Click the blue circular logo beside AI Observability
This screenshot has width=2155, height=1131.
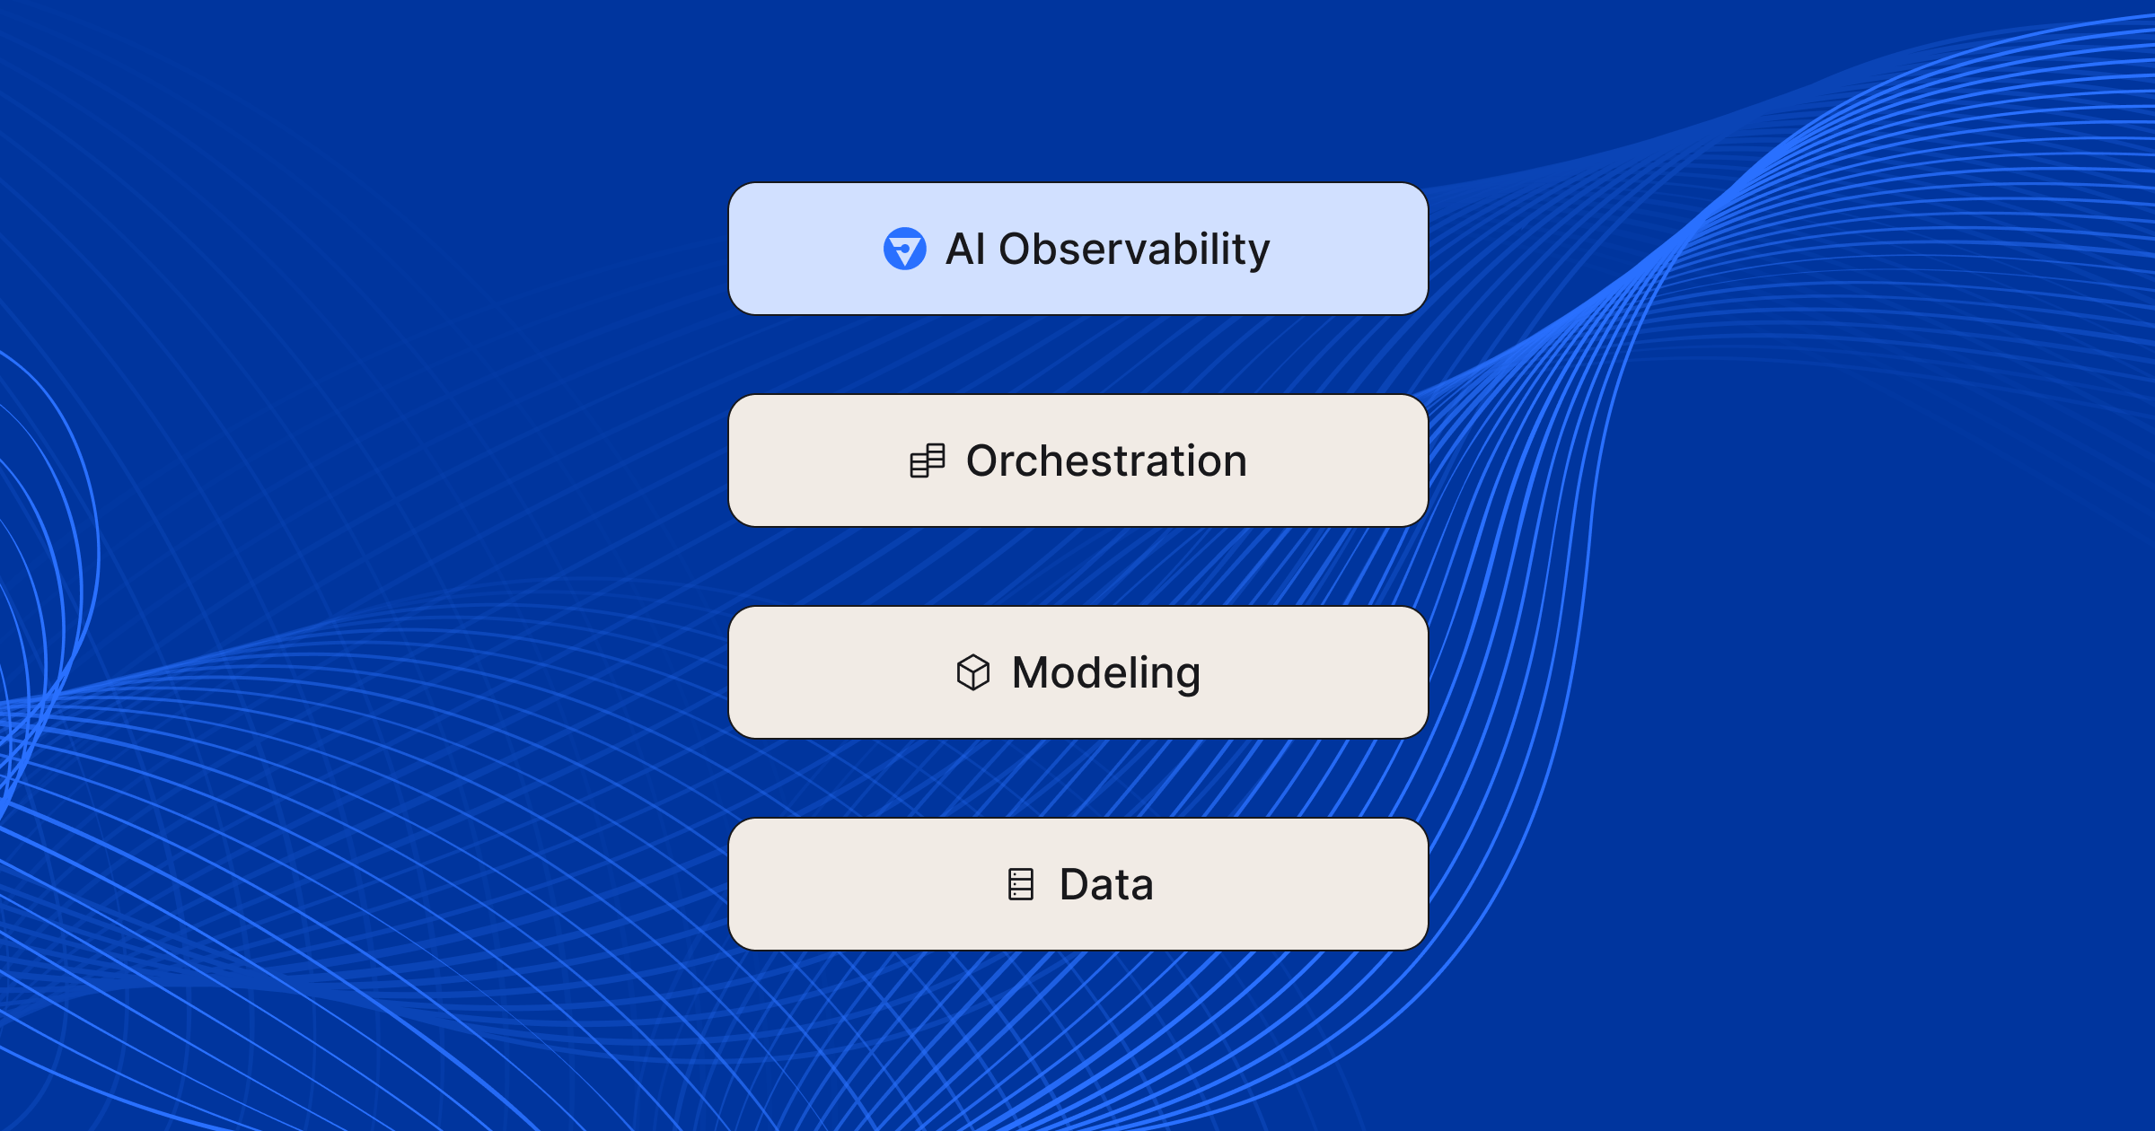(904, 249)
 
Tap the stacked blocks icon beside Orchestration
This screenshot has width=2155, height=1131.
(928, 460)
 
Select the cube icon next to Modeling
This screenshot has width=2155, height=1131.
(973, 672)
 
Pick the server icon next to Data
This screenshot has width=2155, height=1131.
(1021, 884)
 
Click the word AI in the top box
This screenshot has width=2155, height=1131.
(966, 249)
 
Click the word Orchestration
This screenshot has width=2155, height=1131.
(1106, 460)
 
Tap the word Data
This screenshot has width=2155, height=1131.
(1106, 884)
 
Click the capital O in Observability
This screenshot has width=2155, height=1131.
(1018, 249)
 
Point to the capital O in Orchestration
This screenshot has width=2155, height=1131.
(986, 460)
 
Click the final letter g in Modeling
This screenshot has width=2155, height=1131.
(1187, 679)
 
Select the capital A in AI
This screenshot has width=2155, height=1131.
(962, 249)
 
